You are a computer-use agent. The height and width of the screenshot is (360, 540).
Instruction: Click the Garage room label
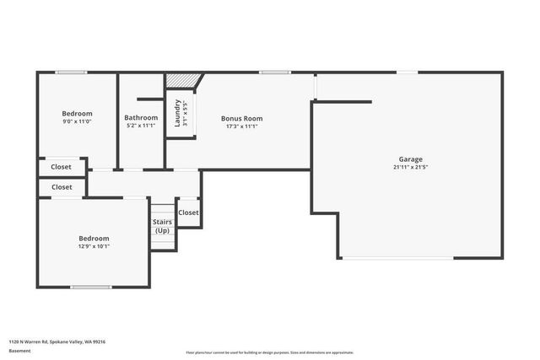[x=411, y=159]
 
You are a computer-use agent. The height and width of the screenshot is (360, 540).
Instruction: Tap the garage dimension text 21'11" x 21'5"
[x=411, y=167]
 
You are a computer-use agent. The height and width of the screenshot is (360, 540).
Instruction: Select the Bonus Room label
[x=241, y=119]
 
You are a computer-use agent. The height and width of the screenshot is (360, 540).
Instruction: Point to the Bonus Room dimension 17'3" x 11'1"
[x=241, y=126]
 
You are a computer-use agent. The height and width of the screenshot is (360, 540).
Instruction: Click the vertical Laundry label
[x=178, y=113]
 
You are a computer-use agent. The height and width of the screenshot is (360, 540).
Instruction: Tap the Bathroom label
[x=141, y=117]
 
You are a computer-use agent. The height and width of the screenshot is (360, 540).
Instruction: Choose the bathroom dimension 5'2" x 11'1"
[x=141, y=126]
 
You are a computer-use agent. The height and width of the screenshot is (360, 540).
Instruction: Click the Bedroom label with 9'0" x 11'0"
[x=77, y=113]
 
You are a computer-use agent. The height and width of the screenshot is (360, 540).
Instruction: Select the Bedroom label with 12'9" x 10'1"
[x=94, y=238]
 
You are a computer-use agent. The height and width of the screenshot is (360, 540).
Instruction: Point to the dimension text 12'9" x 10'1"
[x=94, y=246]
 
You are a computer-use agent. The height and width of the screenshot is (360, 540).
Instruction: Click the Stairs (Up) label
[x=162, y=226]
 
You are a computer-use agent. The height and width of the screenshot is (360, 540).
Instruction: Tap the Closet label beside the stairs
[x=188, y=212]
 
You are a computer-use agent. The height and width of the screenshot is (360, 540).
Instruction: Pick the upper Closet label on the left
[x=62, y=167]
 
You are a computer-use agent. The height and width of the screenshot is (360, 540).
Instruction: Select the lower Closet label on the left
[x=62, y=187]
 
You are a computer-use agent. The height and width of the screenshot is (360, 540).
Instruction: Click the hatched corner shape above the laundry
[x=181, y=79]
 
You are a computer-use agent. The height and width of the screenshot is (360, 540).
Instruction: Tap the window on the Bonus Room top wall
[x=274, y=73]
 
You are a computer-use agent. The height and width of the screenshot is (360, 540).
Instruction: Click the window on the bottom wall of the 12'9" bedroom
[x=90, y=287]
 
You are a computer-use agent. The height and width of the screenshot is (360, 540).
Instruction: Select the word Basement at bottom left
[x=19, y=351]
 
